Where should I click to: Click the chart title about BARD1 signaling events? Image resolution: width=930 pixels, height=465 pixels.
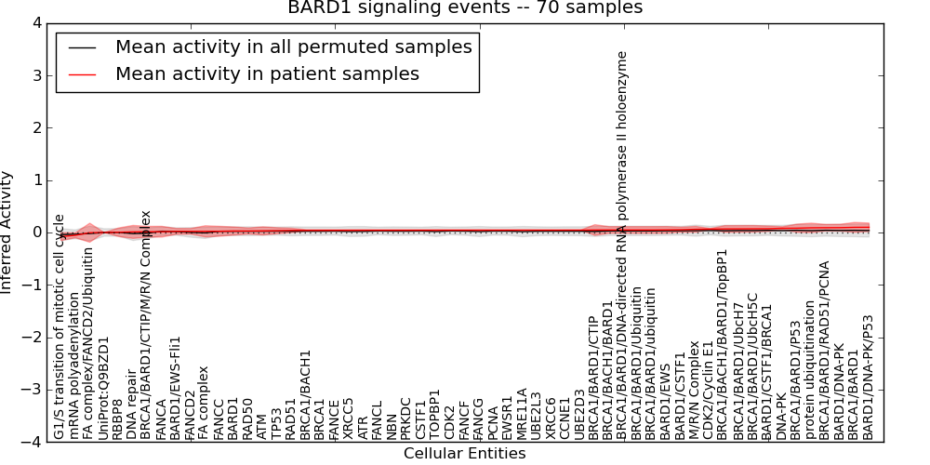tap(465, 8)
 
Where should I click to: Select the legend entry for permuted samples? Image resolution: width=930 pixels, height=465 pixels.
tap(293, 46)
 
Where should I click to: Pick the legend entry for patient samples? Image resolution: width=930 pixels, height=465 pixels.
tap(267, 73)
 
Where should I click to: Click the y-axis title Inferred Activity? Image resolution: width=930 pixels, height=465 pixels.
tap(7, 232)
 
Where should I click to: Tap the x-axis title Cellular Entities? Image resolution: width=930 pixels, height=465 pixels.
tap(464, 454)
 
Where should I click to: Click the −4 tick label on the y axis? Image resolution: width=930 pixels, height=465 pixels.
tap(33, 443)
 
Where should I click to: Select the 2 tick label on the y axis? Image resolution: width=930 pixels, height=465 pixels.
tap(38, 128)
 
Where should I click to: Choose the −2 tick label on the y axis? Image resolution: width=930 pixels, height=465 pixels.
tap(33, 338)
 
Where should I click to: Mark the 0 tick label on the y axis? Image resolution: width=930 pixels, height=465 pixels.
tap(38, 232)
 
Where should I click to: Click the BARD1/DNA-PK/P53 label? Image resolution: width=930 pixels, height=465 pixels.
tap(869, 377)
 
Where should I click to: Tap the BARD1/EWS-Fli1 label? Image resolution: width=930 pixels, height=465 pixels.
tap(175, 388)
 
